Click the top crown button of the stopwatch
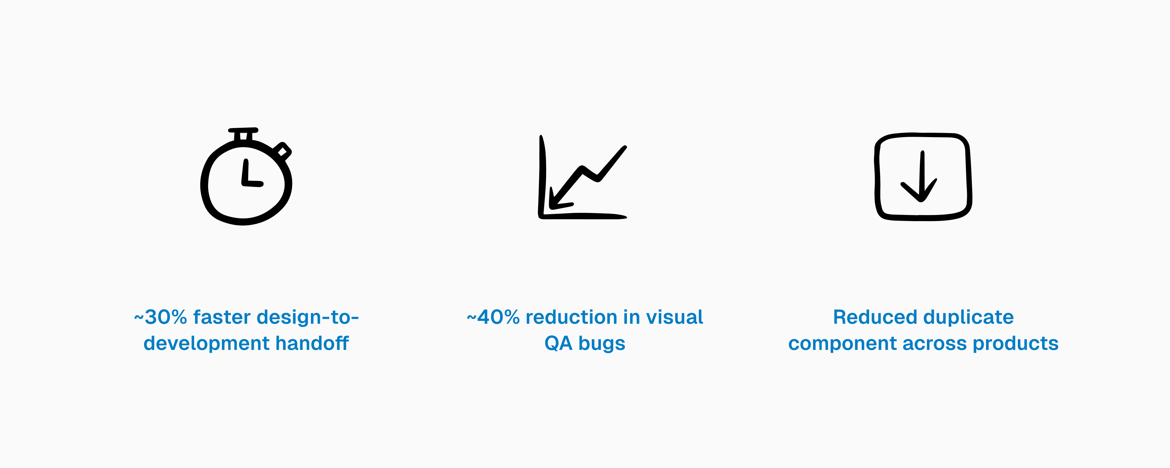tap(243, 133)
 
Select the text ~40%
tap(493, 317)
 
